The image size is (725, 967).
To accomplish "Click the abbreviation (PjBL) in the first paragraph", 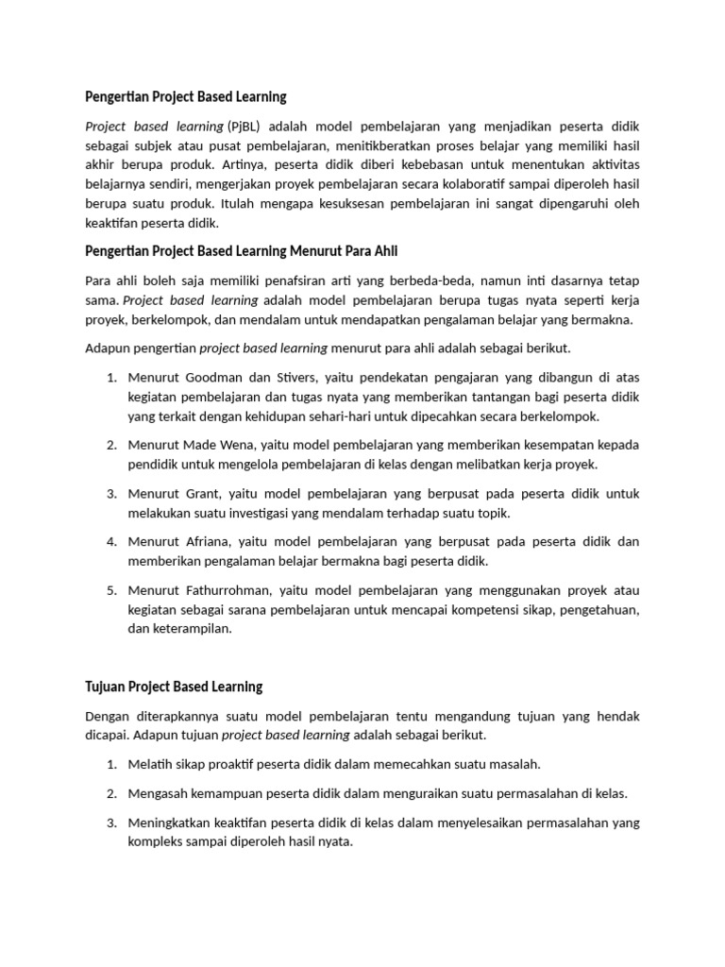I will click(243, 127).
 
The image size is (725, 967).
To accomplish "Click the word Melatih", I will click(151, 763).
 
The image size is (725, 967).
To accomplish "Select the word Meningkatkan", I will click(171, 823).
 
